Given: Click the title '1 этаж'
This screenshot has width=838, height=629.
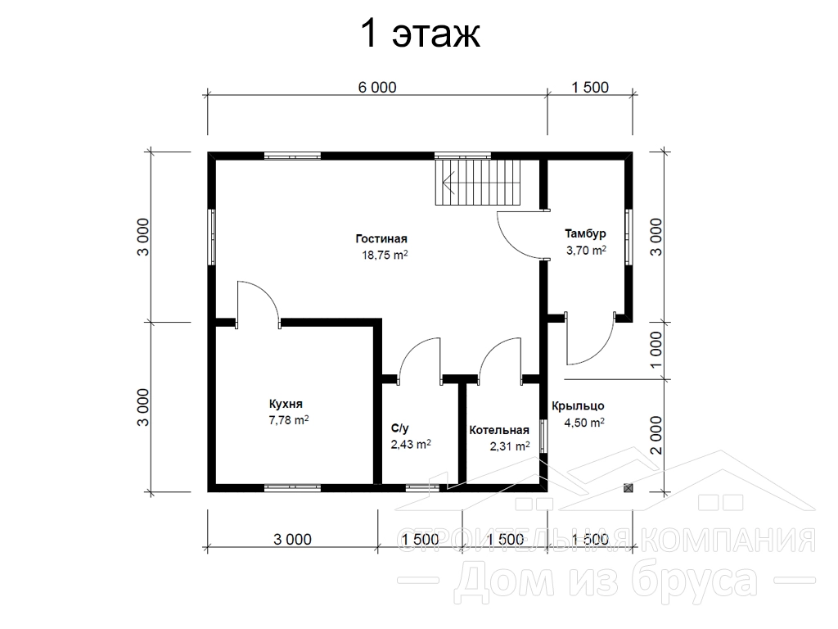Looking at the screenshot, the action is click(420, 34).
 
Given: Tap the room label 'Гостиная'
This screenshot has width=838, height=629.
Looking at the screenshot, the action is click(381, 238).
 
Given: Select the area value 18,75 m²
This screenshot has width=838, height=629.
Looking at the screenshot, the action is click(385, 255).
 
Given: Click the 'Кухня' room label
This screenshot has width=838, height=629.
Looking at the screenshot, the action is click(286, 404).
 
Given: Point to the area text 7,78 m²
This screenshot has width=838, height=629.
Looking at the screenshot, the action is click(289, 420).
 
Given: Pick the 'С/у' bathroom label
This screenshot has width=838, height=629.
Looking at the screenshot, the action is click(399, 428).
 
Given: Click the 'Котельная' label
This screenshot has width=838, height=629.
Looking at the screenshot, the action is click(499, 430).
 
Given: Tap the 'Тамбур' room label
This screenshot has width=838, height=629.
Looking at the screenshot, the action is click(585, 233).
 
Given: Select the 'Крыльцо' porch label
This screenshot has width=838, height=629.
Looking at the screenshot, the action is click(578, 406).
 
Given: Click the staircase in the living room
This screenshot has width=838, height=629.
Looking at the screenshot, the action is click(477, 182).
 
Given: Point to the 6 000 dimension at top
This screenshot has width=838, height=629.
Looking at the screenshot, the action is click(377, 87).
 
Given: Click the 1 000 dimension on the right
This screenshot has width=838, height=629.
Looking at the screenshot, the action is click(656, 350).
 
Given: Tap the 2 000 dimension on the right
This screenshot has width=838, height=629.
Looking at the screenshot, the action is click(656, 436).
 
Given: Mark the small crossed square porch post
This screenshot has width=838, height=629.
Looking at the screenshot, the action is click(628, 488).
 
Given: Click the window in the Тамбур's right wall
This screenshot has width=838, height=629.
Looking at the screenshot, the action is click(629, 237).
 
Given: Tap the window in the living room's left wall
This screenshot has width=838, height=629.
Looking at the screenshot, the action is click(212, 237).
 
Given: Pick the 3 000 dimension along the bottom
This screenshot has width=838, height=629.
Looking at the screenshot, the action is click(292, 539).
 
